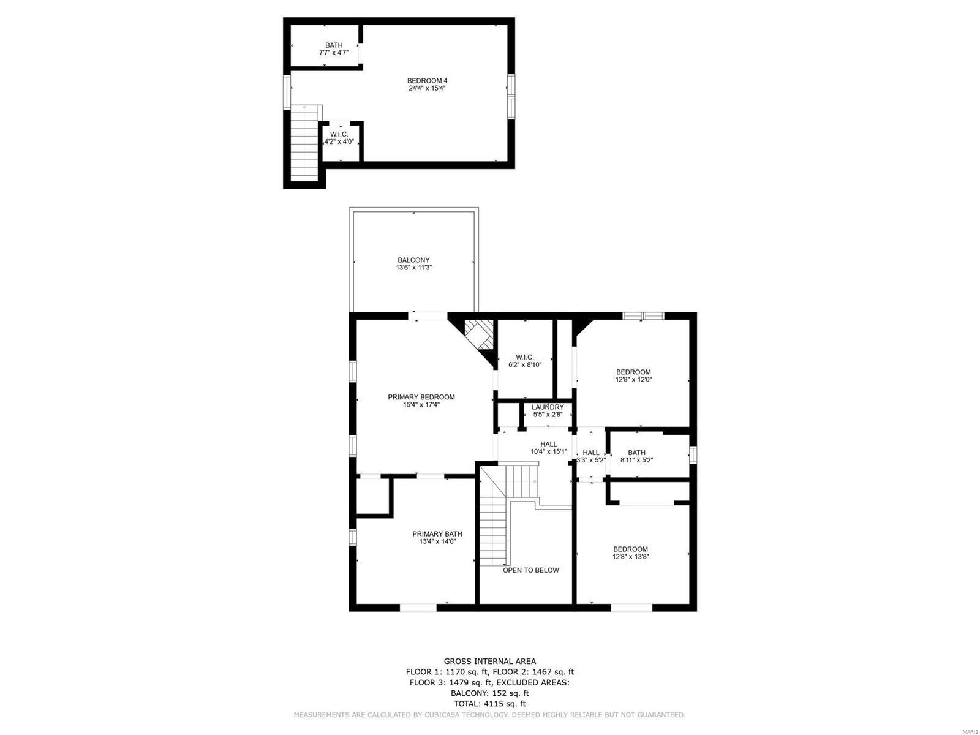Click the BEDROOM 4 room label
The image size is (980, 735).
[x=423, y=81]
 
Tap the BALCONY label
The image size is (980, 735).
[x=413, y=260]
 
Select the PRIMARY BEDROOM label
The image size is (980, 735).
[x=421, y=397]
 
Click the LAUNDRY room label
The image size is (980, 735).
[x=548, y=407]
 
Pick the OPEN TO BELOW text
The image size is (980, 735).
[x=531, y=570]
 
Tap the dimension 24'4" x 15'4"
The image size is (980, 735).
[x=423, y=88]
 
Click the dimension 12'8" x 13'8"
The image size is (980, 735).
[x=631, y=557]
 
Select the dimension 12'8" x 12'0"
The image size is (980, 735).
[x=633, y=380]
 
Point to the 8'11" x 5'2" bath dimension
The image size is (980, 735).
[x=637, y=460]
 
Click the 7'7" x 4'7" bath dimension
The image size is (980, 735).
[x=334, y=53]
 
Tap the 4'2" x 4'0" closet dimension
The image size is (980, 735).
[x=339, y=141]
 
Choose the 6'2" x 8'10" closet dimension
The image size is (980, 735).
[x=525, y=364]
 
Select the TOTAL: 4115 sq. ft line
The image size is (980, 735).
[x=490, y=704]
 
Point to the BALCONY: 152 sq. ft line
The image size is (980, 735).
[x=490, y=693]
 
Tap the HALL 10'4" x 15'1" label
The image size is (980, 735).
[x=549, y=448]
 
